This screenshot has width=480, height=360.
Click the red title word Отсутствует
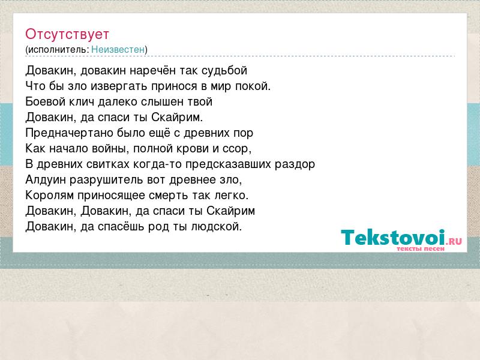tap(67, 34)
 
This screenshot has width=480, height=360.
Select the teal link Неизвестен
tap(118, 50)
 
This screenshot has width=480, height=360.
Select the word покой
tap(253, 86)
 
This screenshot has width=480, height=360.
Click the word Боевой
tap(46, 101)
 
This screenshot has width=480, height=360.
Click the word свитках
tap(108, 164)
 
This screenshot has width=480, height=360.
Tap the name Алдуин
tap(46, 179)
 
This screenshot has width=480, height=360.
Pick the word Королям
tap(50, 196)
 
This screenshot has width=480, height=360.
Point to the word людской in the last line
tap(217, 227)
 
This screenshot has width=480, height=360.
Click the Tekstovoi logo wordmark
tap(393, 238)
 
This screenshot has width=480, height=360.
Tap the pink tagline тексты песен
tap(421, 249)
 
